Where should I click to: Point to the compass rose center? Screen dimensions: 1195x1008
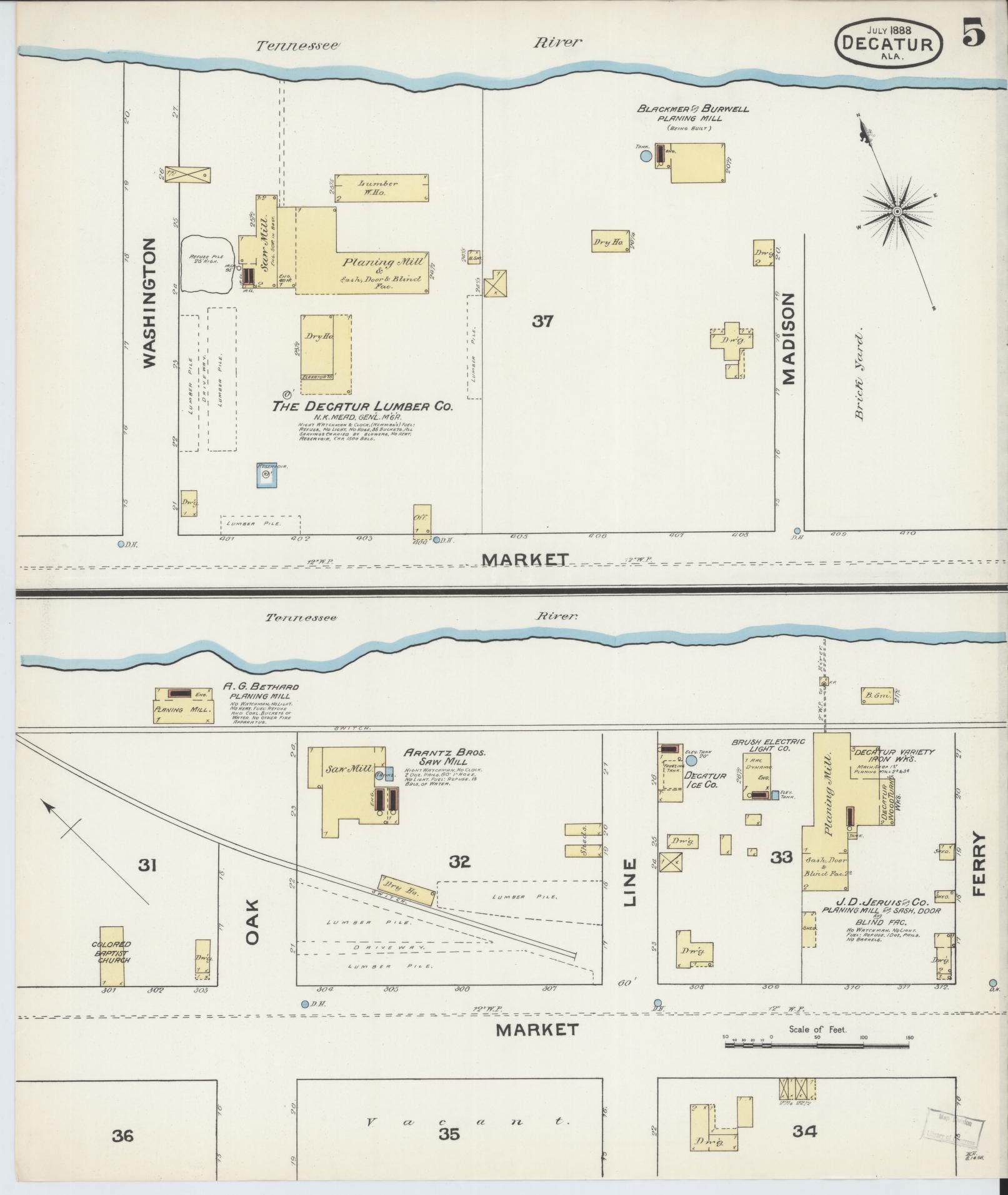[897, 212]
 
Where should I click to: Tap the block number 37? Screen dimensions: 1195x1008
[542, 322]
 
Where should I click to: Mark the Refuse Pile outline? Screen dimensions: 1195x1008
[206, 266]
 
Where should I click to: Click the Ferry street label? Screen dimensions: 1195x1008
[978, 865]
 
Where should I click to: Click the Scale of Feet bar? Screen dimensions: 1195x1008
[817, 1044]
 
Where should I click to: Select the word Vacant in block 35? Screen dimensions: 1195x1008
[469, 1121]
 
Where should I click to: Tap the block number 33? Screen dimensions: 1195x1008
[781, 857]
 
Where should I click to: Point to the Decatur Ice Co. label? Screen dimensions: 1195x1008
[706, 780]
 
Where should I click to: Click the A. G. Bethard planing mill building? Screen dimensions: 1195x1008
[184, 706]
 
